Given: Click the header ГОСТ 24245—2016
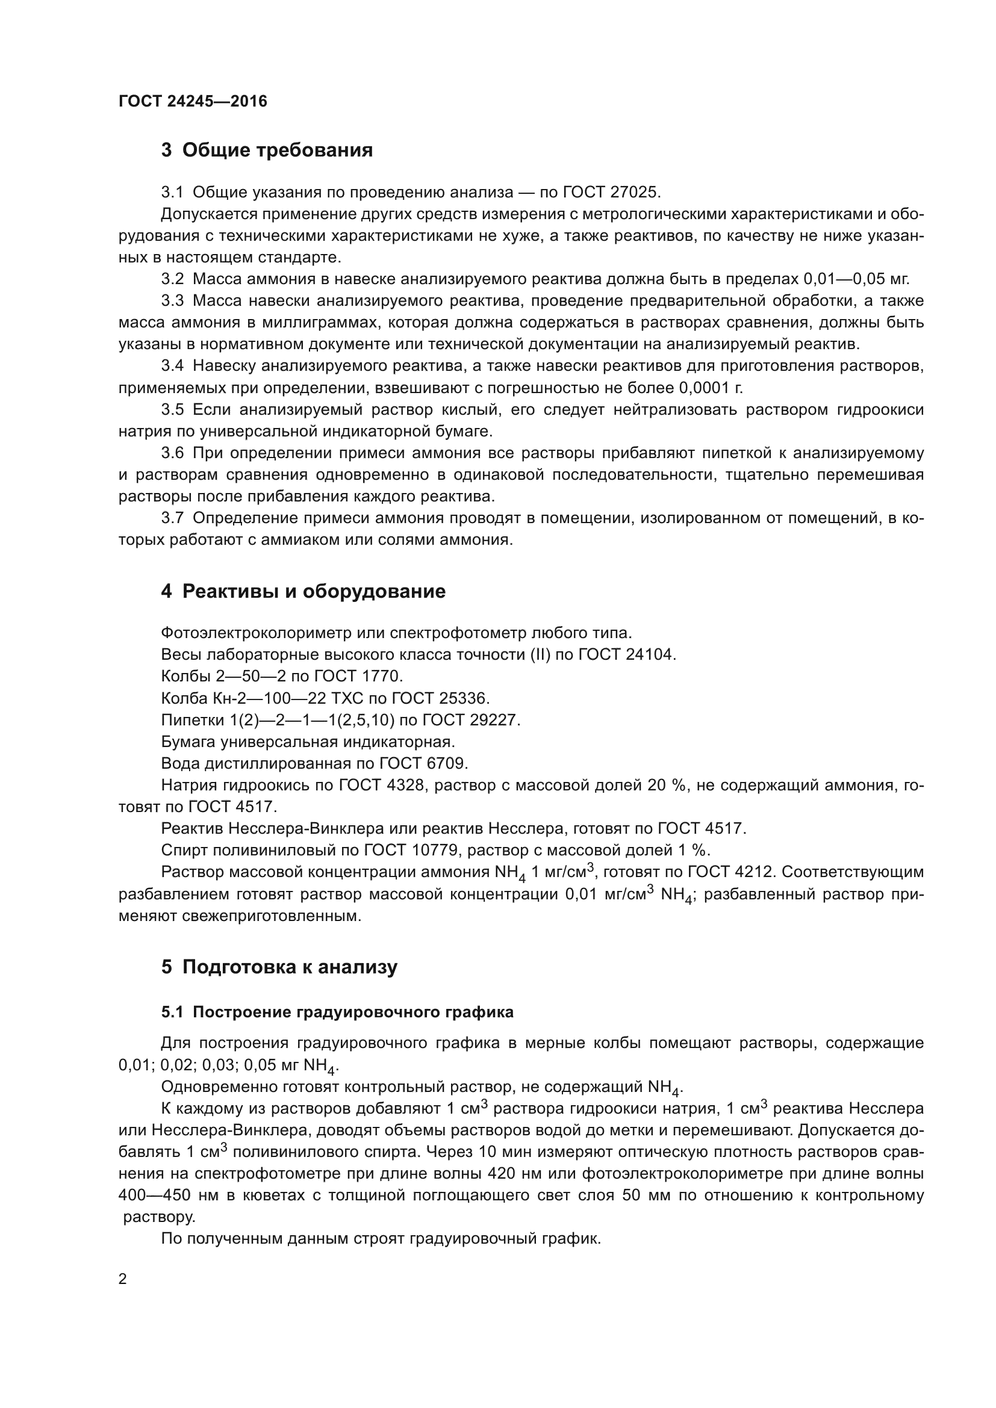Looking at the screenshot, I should click(193, 102).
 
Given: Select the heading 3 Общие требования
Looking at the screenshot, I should click(267, 150).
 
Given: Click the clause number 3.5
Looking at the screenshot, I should click(172, 410).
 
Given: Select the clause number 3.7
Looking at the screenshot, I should click(172, 518).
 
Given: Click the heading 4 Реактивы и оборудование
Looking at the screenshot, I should click(303, 592).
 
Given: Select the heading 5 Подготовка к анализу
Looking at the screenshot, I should click(279, 967).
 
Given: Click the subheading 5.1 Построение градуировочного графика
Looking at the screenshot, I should click(337, 1013).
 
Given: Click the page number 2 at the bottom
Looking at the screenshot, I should click(123, 1279).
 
